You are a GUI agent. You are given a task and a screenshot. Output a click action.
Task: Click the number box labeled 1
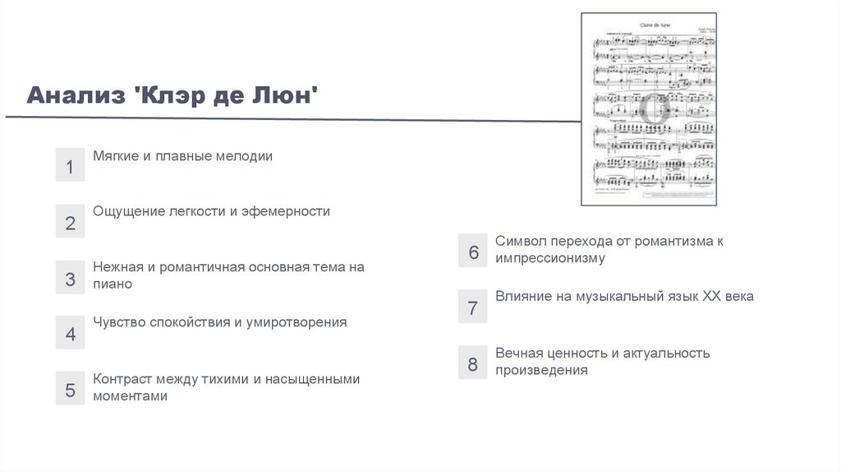pyautogui.click(x=70, y=167)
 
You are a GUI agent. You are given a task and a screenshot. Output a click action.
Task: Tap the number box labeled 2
pyautogui.click(x=70, y=223)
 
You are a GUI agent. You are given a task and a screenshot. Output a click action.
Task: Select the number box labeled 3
pyautogui.click(x=70, y=279)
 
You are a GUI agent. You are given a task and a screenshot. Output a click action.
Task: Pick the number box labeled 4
pyautogui.click(x=70, y=334)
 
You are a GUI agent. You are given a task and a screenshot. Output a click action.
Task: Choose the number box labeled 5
pyautogui.click(x=70, y=390)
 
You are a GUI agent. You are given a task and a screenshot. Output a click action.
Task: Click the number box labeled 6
pyautogui.click(x=473, y=252)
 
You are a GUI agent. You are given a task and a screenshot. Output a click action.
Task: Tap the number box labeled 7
pyautogui.click(x=473, y=308)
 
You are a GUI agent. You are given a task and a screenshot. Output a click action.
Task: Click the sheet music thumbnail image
pyautogui.click(x=649, y=109)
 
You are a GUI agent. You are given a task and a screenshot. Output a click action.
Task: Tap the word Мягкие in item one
pyautogui.click(x=116, y=155)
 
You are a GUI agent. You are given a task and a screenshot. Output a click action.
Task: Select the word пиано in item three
pyautogui.click(x=113, y=284)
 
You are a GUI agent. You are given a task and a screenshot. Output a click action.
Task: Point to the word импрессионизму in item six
pyautogui.click(x=549, y=258)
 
